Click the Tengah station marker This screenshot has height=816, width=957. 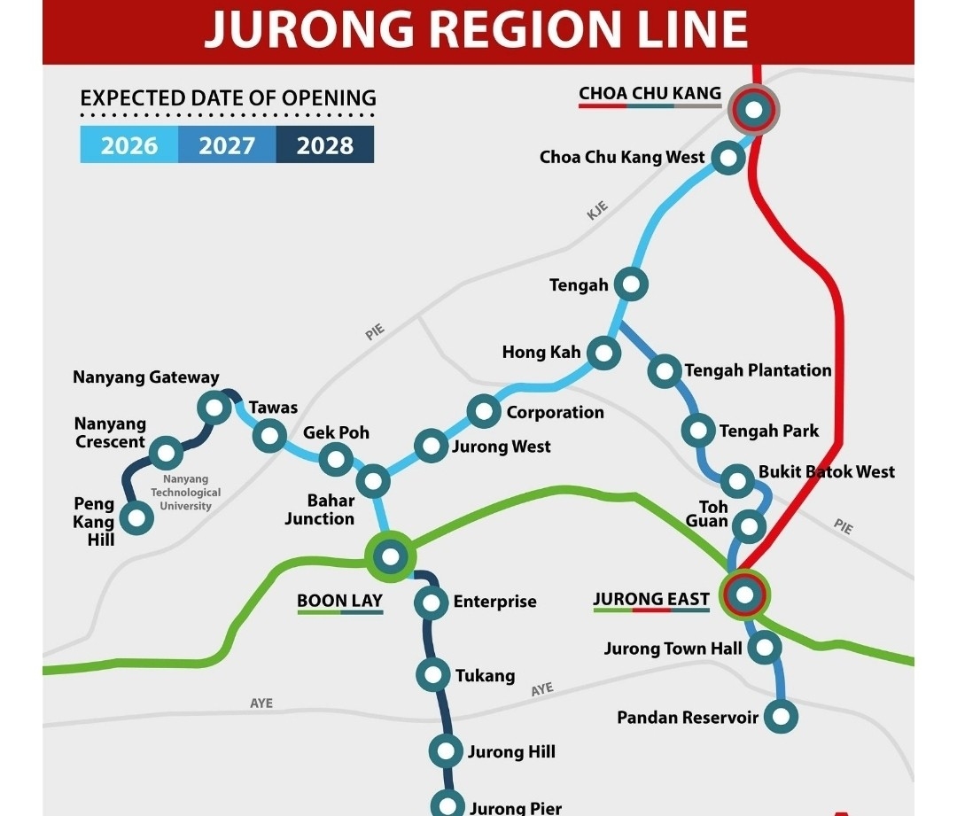tap(632, 284)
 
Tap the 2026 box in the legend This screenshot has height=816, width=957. tap(129, 145)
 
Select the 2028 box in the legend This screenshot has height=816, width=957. tap(325, 145)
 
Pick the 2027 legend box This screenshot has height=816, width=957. tap(227, 145)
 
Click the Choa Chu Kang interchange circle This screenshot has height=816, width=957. tap(753, 110)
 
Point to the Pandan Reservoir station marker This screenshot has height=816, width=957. tap(781, 716)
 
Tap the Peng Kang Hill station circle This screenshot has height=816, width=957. tap(136, 517)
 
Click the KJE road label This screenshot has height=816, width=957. tap(598, 211)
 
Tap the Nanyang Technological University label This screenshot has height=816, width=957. tap(186, 493)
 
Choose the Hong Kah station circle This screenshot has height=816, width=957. tap(603, 353)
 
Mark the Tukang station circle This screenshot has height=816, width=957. tap(433, 675)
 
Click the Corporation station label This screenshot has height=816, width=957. tap(555, 412)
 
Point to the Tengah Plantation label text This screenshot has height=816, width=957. tap(758, 370)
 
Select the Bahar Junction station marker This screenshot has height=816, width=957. tap(373, 481)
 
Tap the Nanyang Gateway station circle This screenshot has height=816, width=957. tap(214, 408)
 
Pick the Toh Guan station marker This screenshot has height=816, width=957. tap(749, 527)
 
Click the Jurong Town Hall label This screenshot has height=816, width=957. tap(673, 649)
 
